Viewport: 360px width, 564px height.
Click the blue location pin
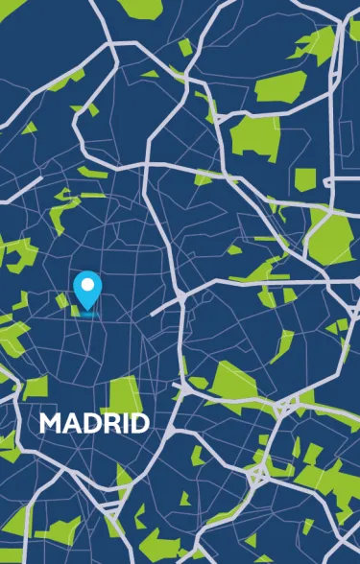click(87, 290)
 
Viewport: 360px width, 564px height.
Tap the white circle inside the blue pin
click(87, 285)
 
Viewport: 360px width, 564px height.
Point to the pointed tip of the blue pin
click(87, 309)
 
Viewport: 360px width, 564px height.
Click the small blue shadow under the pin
click(87, 313)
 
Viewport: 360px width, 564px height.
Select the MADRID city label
click(94, 423)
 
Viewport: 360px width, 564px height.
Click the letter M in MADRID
click(50, 423)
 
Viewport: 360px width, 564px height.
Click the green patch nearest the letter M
click(36, 387)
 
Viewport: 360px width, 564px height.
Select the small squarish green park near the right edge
click(304, 178)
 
